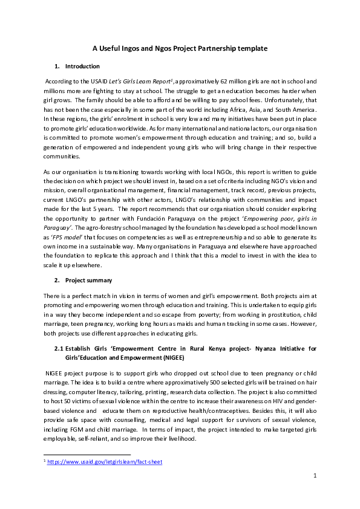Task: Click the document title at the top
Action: (x=180, y=48)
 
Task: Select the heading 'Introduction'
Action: (x=82, y=66)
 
